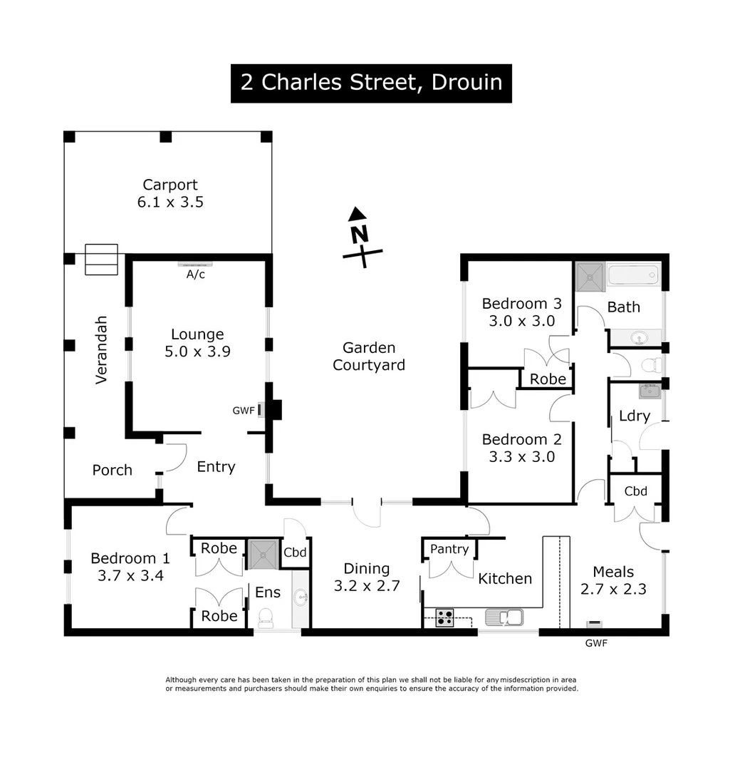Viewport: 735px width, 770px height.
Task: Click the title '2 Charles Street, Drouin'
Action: (x=371, y=83)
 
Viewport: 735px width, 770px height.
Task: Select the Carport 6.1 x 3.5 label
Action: (x=170, y=193)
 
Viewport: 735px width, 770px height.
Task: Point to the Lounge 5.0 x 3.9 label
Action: (x=197, y=342)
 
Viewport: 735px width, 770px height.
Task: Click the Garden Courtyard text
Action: (x=369, y=356)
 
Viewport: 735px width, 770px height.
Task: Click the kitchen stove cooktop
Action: (x=445, y=617)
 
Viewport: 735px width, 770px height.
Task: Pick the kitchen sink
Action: (x=504, y=617)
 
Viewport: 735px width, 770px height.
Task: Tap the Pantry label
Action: (x=449, y=549)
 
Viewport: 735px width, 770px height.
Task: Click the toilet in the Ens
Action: (x=266, y=618)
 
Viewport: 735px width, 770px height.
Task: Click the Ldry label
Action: (x=634, y=416)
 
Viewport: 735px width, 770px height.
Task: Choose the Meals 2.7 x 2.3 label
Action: (x=613, y=580)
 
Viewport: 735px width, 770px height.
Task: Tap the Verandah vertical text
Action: (x=101, y=349)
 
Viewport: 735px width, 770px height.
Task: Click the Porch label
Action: (x=112, y=470)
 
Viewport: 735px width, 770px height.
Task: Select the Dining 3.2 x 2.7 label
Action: (x=367, y=577)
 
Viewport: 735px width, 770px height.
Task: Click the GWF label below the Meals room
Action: (x=596, y=642)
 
